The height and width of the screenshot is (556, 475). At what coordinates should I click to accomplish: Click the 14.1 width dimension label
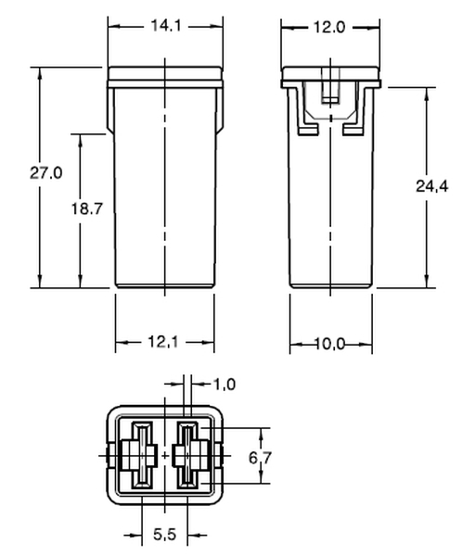tap(164, 26)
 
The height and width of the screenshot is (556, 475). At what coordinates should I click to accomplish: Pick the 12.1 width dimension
tap(164, 343)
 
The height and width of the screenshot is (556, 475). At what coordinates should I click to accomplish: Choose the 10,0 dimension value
tap(328, 344)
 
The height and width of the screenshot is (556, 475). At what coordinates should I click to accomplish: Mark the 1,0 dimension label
tap(225, 384)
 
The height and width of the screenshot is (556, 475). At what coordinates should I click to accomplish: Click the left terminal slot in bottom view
tap(143, 455)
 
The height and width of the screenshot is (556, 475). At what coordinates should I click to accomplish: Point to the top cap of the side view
tap(329, 75)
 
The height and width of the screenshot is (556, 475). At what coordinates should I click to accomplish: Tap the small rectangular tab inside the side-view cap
tap(328, 94)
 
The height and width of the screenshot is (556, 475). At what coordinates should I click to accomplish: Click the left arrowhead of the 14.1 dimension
tap(112, 26)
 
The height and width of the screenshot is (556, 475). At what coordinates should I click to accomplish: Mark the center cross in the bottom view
tap(165, 456)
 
